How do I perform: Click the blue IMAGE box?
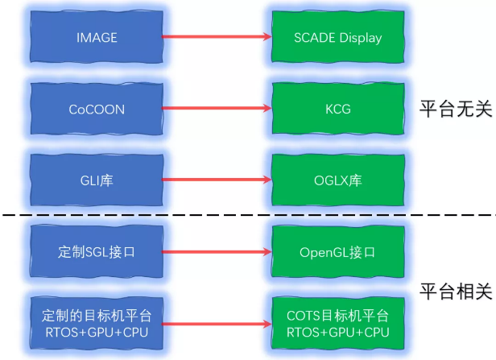(x=97, y=37)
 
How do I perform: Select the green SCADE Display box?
(x=338, y=37)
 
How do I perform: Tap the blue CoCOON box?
(x=97, y=109)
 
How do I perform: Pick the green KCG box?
(x=338, y=109)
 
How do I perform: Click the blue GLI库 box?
(x=97, y=180)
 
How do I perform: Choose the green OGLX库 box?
(x=338, y=180)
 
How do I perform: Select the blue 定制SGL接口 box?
(x=97, y=252)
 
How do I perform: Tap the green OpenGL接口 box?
(x=338, y=252)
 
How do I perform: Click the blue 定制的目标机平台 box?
(x=97, y=323)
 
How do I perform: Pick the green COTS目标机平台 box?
(x=338, y=323)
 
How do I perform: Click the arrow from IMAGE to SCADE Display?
(x=217, y=37)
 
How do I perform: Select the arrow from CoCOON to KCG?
(x=217, y=109)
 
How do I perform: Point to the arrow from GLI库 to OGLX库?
(x=217, y=180)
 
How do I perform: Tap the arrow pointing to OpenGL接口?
(x=217, y=252)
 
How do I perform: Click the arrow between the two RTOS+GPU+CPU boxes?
(x=217, y=323)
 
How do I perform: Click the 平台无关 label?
(x=455, y=109)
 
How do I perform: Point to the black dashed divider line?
(x=242, y=215)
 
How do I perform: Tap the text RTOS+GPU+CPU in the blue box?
(x=97, y=332)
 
